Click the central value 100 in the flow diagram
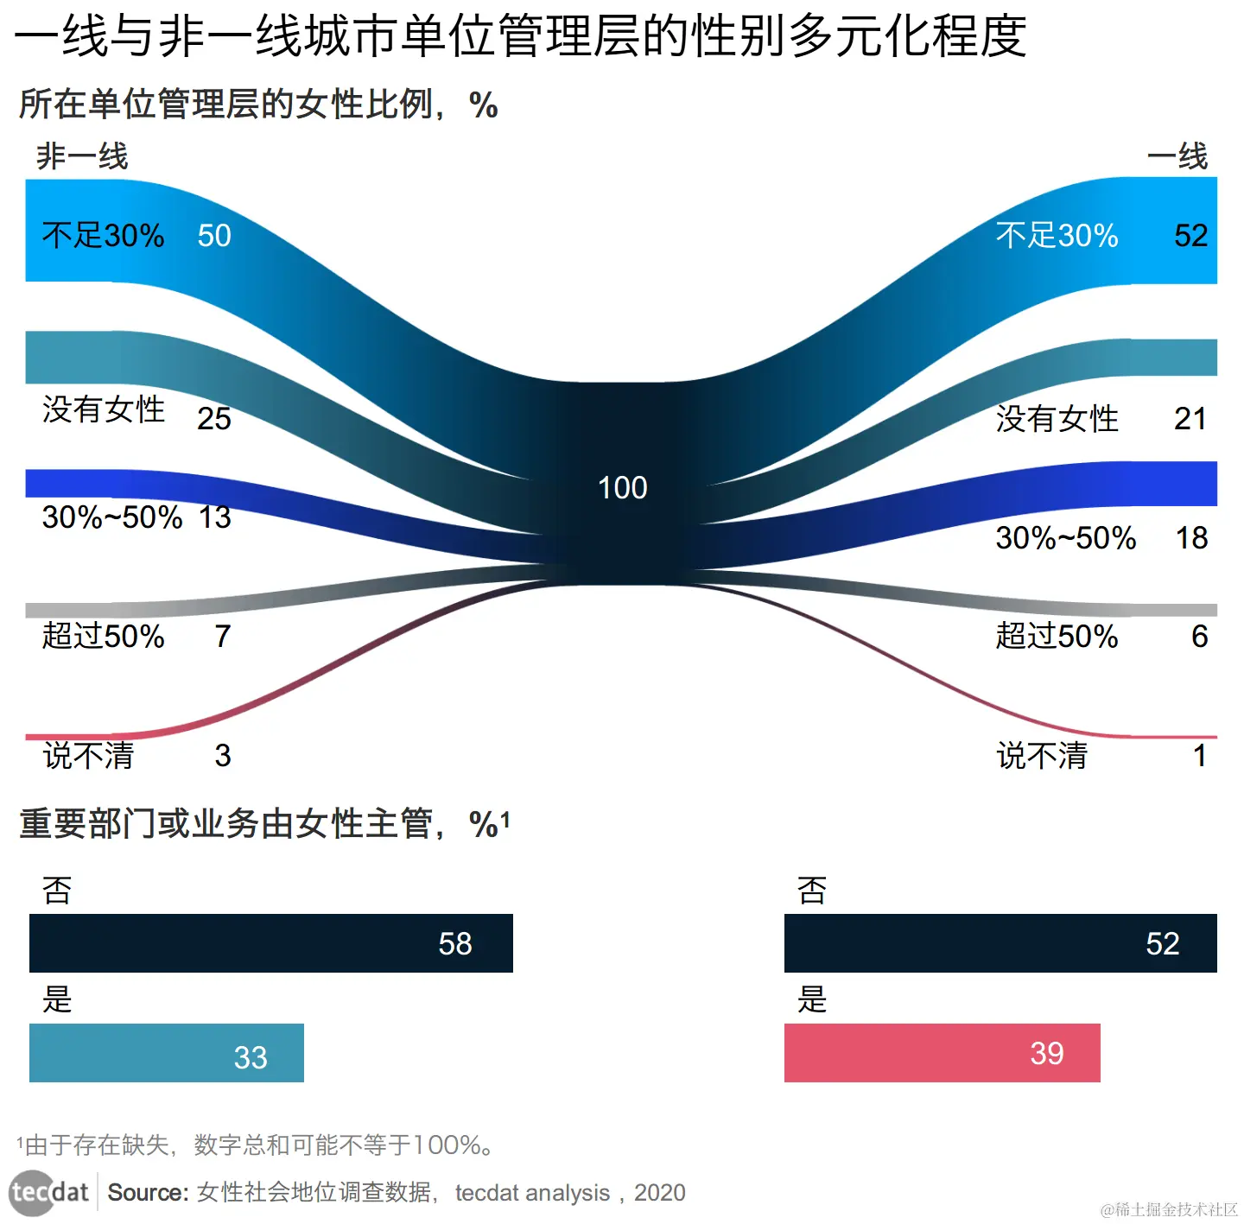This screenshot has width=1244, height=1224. click(x=622, y=488)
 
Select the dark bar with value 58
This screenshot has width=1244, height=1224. click(x=270, y=943)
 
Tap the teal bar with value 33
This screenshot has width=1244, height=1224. click(x=166, y=1053)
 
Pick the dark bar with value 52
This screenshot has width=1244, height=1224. click(x=1000, y=943)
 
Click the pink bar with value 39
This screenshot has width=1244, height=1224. click(x=942, y=1053)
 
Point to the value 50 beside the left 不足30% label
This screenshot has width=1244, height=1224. click(x=214, y=236)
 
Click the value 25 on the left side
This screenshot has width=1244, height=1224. click(x=214, y=419)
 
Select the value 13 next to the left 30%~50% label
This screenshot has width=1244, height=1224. click(x=215, y=517)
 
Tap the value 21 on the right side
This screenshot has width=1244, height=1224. click(x=1190, y=419)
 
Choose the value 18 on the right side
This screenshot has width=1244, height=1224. click(x=1191, y=538)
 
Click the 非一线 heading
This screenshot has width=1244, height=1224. click(x=82, y=157)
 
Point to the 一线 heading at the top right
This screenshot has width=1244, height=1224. click(x=1177, y=157)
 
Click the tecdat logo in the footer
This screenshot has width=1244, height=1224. click(x=49, y=1193)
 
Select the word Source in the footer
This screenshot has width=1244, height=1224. click(x=148, y=1193)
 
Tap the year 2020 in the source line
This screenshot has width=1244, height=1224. click(x=659, y=1193)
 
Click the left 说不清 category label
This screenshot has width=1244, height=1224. click(x=88, y=756)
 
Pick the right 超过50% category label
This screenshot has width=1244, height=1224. click(x=1057, y=637)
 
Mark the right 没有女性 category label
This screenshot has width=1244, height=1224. click(x=1057, y=419)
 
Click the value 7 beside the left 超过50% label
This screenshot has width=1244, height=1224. click(x=223, y=637)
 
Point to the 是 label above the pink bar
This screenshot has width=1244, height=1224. click(x=812, y=999)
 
